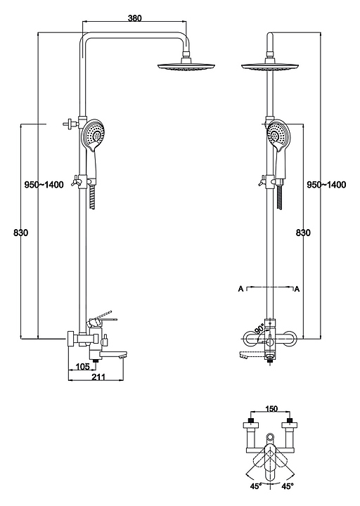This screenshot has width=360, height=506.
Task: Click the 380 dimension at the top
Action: [x=134, y=18]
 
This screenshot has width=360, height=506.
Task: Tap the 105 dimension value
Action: [x=83, y=367]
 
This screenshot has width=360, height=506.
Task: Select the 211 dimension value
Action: [x=98, y=377]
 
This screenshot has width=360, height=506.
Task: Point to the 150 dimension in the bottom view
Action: [x=271, y=409]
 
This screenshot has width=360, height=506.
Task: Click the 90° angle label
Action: [x=259, y=330]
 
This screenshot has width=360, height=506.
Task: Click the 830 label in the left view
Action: [x=21, y=233]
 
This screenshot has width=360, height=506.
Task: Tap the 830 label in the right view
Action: [x=303, y=233]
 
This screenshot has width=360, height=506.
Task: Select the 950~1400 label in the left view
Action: [x=44, y=185]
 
